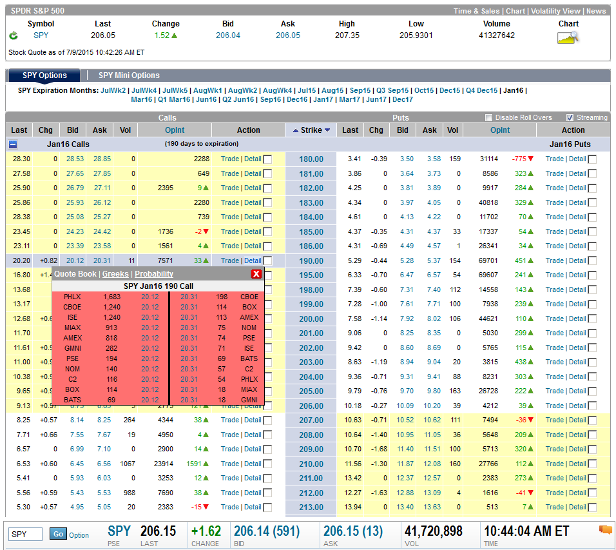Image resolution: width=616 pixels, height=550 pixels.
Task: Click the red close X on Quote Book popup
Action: pyautogui.click(x=256, y=273)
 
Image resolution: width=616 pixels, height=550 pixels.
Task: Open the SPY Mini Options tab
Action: pyautogui.click(x=129, y=75)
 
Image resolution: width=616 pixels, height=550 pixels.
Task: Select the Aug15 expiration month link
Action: pyautogui.click(x=332, y=90)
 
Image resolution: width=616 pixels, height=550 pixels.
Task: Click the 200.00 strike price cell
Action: pyautogui.click(x=311, y=319)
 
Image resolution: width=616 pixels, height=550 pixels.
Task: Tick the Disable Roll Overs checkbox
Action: pyautogui.click(x=488, y=117)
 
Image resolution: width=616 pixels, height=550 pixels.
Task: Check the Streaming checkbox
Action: pyautogui.click(x=570, y=117)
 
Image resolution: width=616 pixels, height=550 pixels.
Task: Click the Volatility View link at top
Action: pyautogui.click(x=555, y=11)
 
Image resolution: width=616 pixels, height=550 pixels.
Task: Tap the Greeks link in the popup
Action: pyautogui.click(x=115, y=273)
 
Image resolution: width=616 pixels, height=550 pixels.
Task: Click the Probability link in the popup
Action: pyautogui.click(x=154, y=273)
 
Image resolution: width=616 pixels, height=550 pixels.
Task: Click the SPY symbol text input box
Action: pyautogui.click(x=25, y=535)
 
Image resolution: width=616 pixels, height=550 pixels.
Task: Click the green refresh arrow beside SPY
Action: pyautogui.click(x=14, y=35)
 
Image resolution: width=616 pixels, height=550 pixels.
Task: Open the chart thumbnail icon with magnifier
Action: pyautogui.click(x=568, y=37)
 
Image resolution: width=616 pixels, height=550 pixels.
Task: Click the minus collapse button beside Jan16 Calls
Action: pyautogui.click(x=13, y=144)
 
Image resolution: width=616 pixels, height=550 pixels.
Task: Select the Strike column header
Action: pyautogui.click(x=311, y=130)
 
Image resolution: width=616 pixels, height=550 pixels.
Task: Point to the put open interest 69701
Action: pyautogui.click(x=488, y=260)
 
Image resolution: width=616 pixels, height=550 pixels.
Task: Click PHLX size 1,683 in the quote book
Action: pyautogui.click(x=112, y=297)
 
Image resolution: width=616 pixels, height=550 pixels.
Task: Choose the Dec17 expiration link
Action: pyautogui.click(x=403, y=99)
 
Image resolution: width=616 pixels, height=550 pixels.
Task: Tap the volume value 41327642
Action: pyautogui.click(x=497, y=35)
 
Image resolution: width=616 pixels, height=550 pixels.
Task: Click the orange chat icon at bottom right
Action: pyautogui.click(x=606, y=530)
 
